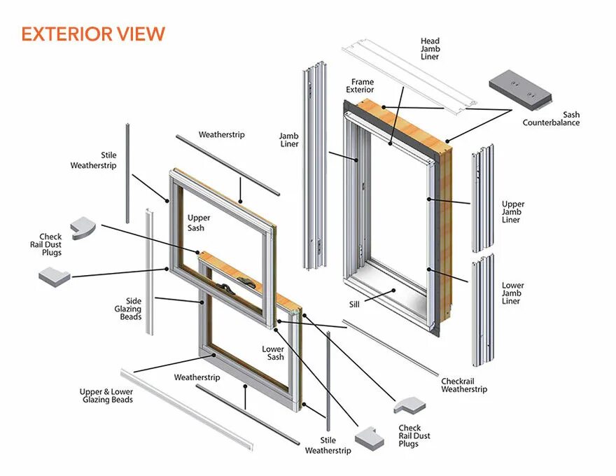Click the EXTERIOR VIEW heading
(93, 34)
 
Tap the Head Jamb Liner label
(430, 49)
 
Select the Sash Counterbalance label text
(551, 118)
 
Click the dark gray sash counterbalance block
(519, 90)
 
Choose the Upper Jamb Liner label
(512, 212)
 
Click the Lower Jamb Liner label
(512, 293)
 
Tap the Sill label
(354, 304)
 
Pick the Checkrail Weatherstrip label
(463, 385)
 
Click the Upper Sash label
(199, 223)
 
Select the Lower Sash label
(273, 353)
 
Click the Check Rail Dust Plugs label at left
(50, 244)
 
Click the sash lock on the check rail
(246, 282)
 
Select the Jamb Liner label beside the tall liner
(289, 140)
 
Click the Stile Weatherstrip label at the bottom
(328, 445)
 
